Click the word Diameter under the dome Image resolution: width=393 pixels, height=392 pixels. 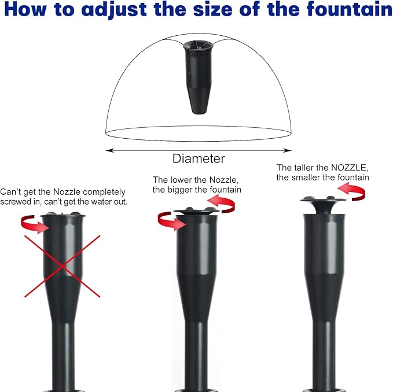click(199, 158)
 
